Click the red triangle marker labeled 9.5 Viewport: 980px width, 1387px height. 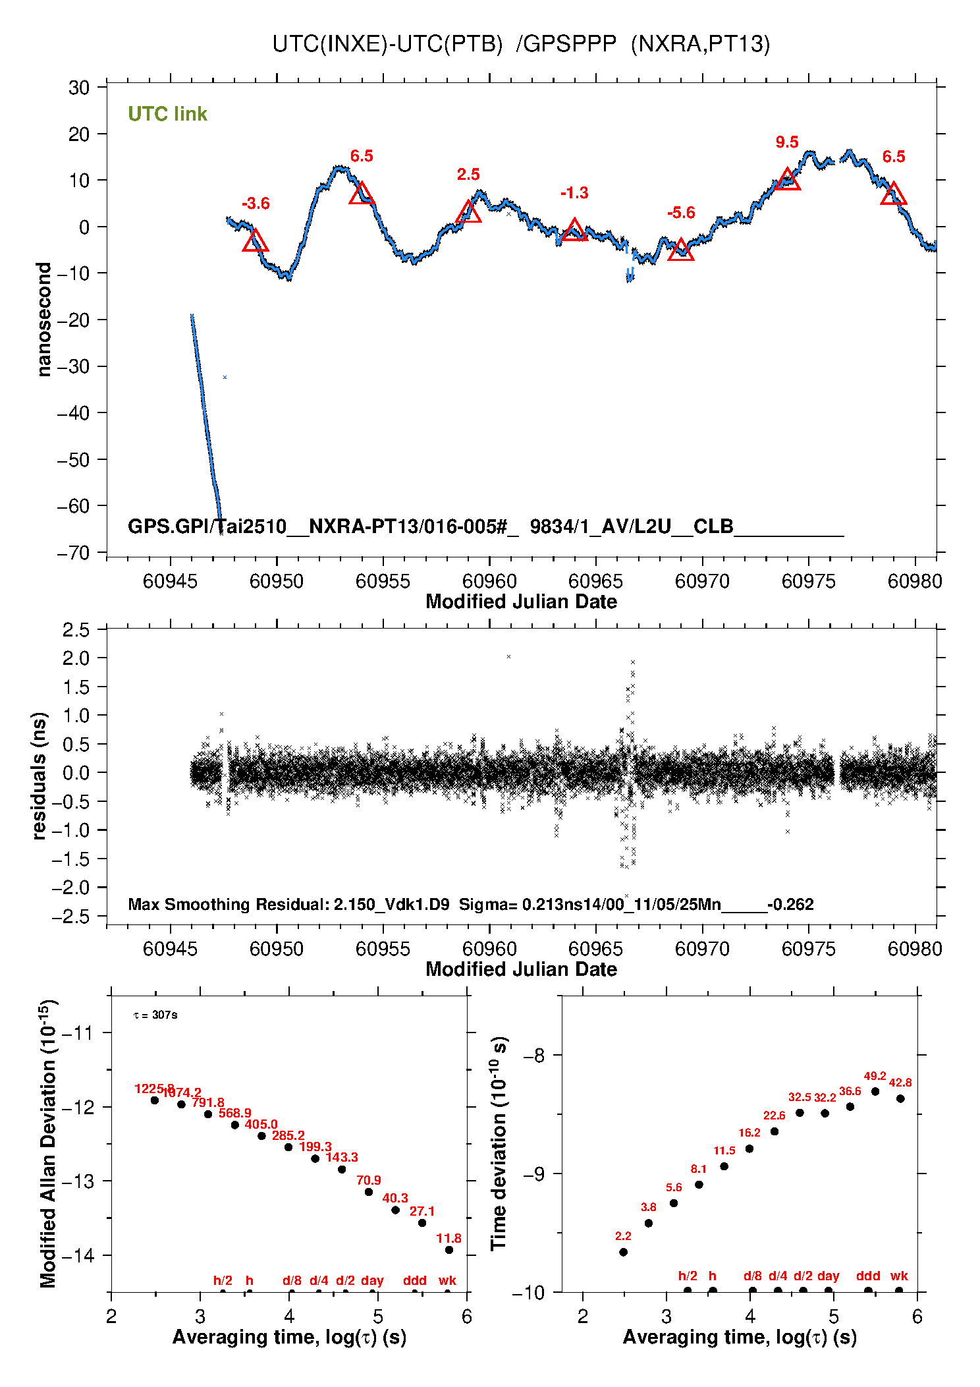(x=787, y=180)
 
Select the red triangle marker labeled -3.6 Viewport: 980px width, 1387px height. (x=255, y=242)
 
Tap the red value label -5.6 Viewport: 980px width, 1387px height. (x=681, y=213)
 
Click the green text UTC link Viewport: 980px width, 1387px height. (x=167, y=114)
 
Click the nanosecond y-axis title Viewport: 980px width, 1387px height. (x=43, y=320)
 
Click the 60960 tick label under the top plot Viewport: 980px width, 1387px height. (x=489, y=581)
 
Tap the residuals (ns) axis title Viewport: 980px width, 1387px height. (x=40, y=776)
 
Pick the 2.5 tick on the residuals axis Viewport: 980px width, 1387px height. (x=76, y=630)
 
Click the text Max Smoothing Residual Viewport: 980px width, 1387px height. (x=228, y=904)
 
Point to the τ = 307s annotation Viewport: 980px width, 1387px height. (x=155, y=1015)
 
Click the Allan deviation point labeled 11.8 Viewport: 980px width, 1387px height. (x=449, y=1250)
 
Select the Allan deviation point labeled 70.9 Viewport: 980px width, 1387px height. (x=369, y=1192)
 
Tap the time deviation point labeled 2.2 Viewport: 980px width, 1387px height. (x=623, y=1252)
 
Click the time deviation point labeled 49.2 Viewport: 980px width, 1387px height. (x=875, y=1092)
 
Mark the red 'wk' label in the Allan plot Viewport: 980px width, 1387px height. (x=447, y=1280)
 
